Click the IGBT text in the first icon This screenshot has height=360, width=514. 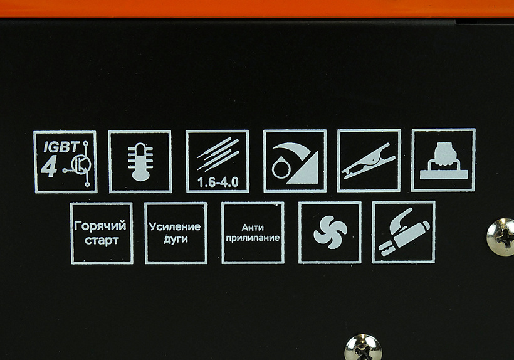[x=61, y=147]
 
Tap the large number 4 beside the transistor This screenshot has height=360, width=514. [x=49, y=167]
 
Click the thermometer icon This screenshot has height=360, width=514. [x=140, y=161]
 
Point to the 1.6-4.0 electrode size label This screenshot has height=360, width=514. [x=218, y=183]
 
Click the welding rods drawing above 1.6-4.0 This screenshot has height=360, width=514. [x=218, y=154]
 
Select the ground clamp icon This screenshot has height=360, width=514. [x=369, y=161]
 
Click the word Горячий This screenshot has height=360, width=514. [x=100, y=226]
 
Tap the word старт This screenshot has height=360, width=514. [x=102, y=240]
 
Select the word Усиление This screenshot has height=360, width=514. [x=175, y=226]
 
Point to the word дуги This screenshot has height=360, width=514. [x=176, y=239]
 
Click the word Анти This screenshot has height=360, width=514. [x=253, y=228]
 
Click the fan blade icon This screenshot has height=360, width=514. [x=330, y=232]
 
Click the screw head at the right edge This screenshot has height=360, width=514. [x=501, y=236]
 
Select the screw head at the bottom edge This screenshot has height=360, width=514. [x=363, y=347]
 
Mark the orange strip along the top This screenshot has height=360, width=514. [x=257, y=9]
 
